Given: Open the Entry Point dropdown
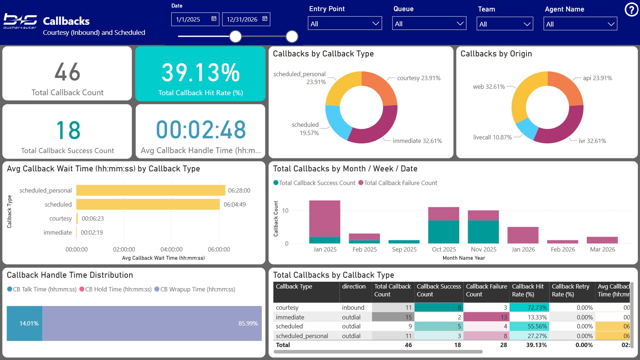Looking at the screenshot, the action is coord(345,24).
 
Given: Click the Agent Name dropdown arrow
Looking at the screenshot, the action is coord(611,24).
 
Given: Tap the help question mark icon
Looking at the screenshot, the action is coord(631,10).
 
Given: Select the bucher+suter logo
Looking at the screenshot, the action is coord(20,21).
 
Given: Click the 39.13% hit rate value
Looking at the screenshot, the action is coord(200,73).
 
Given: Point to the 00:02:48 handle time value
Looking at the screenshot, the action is coord(201,130).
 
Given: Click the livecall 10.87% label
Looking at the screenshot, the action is coord(492,137).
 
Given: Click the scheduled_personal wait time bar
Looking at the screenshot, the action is coord(151,190).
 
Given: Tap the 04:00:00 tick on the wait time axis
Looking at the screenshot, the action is coord(171,249).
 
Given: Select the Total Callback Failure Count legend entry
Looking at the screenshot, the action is coord(398,183).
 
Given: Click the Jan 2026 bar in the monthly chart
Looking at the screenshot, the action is coord(523,235).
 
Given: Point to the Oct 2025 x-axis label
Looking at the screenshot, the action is coord(444,249).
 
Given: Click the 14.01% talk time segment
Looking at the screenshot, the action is coord(24,323).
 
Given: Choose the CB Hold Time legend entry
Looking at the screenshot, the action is coord(115,289).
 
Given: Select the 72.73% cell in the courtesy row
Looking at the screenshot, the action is coord(529,308).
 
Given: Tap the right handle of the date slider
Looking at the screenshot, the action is coord(292,36).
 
